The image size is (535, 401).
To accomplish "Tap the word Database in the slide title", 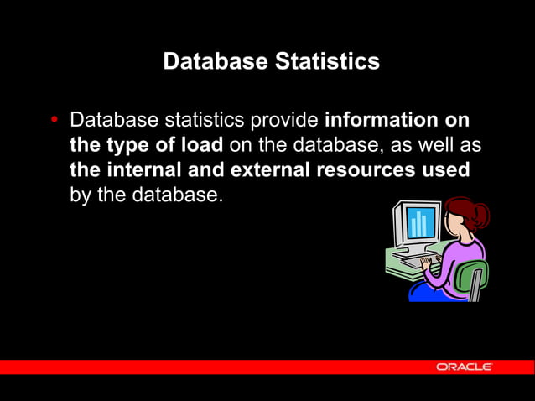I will pos(212,62).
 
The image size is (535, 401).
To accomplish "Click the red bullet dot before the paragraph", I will pos(55,120).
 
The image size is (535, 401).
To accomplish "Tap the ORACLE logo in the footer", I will pos(464,367).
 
